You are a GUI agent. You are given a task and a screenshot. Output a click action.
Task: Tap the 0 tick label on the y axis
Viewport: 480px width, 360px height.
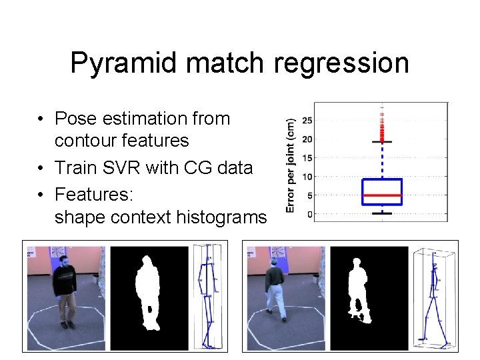[x=310, y=214]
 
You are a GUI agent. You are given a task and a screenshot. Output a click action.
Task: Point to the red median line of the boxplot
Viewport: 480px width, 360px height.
[x=381, y=195]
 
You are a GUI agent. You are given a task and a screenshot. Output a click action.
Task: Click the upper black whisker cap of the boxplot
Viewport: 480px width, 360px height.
[x=381, y=142]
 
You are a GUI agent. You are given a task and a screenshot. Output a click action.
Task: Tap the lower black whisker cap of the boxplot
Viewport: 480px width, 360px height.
[x=381, y=213]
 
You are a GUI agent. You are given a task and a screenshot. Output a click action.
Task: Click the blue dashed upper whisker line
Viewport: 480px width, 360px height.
[x=381, y=160]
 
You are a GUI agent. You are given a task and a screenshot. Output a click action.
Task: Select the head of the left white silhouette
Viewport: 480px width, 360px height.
[x=147, y=262]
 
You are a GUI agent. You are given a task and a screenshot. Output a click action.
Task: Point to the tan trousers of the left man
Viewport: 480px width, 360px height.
[x=65, y=307]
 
